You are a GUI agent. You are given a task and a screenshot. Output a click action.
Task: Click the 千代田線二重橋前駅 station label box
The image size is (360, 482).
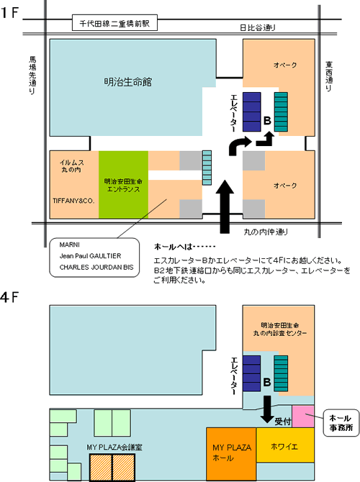[x=114, y=23]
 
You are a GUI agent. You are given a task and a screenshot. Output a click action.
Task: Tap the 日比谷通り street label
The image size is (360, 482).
[x=258, y=27]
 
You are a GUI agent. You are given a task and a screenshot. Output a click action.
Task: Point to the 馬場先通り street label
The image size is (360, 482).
[x=32, y=75]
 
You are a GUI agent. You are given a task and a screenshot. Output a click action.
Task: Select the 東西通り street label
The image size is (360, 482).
[x=329, y=76]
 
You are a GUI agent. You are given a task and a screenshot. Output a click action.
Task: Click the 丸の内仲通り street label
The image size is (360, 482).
[x=266, y=232]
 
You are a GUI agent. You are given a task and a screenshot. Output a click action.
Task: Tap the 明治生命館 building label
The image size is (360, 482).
[x=128, y=82]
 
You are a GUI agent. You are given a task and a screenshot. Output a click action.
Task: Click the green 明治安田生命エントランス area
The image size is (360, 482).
[x=123, y=184]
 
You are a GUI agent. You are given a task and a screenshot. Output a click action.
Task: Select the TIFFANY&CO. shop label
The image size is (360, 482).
[x=73, y=201]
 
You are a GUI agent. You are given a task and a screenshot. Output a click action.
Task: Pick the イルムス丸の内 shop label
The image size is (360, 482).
[x=72, y=166]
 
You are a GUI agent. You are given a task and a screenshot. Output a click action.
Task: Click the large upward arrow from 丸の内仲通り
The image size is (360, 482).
[x=225, y=206]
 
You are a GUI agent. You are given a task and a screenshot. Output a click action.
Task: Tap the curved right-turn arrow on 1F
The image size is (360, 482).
[x=239, y=146]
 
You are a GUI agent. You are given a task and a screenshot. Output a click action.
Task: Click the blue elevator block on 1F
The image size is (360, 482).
[x=252, y=112]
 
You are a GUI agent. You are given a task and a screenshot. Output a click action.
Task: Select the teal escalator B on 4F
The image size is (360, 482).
[x=281, y=373]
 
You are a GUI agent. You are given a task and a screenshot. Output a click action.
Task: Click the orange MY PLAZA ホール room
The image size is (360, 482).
[x=231, y=454]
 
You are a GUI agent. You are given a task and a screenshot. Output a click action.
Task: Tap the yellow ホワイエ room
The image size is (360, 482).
[x=285, y=445]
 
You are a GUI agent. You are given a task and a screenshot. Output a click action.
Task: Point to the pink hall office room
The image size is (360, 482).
[x=303, y=417]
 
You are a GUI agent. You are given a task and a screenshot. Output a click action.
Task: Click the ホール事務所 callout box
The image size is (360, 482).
[x=341, y=423]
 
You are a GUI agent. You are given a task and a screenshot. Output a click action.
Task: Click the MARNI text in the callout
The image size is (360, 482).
[x=70, y=245]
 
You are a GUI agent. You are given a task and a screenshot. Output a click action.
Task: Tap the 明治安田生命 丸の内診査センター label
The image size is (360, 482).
[x=280, y=329]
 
